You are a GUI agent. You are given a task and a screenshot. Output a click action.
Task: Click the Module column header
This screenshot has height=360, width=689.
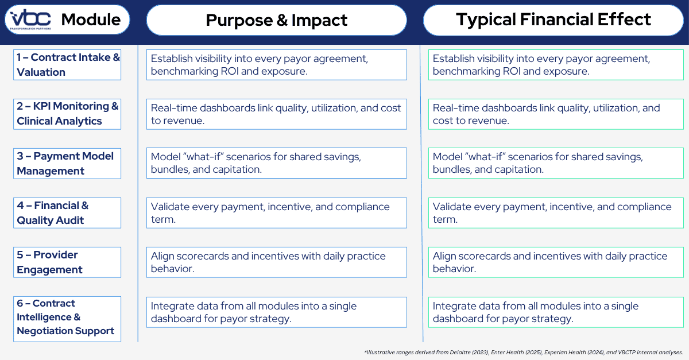91,20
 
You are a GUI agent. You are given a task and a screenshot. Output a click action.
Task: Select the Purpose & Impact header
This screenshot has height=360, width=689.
276,20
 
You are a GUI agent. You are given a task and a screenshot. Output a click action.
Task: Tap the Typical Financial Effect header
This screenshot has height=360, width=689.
553,20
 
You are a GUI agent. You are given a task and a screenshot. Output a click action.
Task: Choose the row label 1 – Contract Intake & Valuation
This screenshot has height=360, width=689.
67,64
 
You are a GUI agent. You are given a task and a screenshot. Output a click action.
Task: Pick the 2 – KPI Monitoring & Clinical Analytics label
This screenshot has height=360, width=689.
67,114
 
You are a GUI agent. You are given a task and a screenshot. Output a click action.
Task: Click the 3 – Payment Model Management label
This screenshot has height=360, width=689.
67,163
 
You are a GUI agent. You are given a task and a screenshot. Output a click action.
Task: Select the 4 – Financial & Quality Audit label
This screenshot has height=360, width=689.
67,212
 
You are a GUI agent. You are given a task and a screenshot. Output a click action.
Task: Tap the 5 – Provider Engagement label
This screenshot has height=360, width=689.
67,262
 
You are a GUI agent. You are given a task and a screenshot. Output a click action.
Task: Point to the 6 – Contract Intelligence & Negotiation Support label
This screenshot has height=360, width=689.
67,317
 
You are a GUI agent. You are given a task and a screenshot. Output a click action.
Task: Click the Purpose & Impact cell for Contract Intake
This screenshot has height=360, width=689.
276,64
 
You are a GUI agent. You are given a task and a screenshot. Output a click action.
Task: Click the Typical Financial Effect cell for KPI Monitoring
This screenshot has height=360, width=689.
556,114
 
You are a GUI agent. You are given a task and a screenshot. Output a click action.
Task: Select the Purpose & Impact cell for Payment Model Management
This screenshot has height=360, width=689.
276,163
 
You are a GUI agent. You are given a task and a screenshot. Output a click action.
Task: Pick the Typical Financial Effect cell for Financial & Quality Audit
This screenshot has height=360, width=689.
556,212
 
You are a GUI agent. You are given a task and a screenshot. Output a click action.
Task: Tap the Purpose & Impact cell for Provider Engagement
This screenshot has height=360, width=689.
276,262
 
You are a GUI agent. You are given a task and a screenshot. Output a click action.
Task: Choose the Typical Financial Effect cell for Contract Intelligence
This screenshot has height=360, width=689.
556,312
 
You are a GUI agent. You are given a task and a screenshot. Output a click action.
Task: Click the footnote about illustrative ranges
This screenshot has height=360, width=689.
523,351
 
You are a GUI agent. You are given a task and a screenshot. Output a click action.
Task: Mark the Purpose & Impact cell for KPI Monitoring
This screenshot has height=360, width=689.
276,114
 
